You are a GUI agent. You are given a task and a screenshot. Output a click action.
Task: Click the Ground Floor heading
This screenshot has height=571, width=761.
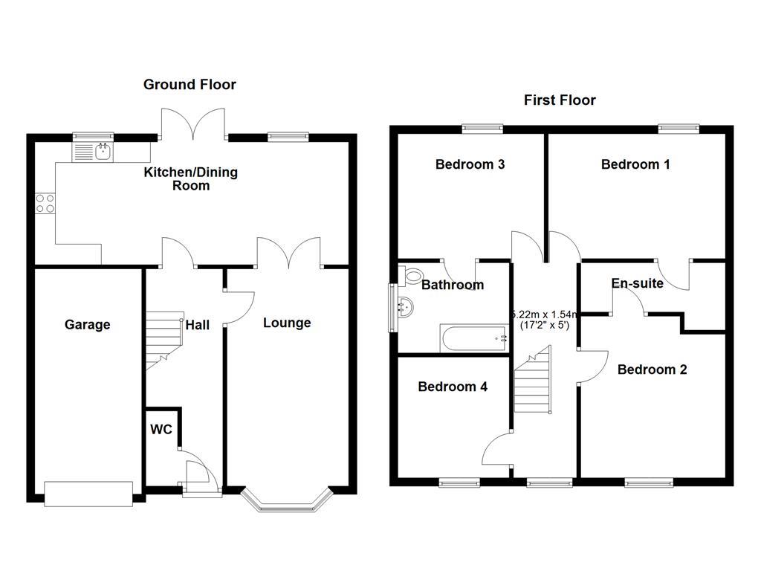[190, 85]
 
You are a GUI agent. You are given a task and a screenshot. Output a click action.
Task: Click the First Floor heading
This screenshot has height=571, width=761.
[560, 100]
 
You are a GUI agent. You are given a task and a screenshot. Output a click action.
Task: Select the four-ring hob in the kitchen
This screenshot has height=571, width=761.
[45, 203]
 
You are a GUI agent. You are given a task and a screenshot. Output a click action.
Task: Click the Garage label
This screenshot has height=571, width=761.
[87, 325]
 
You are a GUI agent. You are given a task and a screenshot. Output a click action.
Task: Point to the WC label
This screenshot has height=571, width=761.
[161, 430]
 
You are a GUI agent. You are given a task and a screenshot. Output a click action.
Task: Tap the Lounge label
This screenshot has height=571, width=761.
[287, 323]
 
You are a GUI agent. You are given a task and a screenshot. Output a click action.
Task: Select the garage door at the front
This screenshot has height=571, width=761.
[88, 494]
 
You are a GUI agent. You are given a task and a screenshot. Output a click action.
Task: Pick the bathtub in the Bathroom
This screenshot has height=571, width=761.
[474, 339]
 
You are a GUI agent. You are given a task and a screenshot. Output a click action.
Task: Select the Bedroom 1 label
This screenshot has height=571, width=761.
[635, 164]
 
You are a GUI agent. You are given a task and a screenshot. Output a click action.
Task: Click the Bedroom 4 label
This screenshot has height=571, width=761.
[453, 387]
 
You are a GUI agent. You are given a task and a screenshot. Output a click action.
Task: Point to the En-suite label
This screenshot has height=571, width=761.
[637, 283]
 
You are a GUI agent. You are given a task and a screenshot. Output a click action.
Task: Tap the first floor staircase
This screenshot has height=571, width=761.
[534, 383]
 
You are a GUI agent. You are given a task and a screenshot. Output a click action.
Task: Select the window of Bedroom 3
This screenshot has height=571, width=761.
[482, 129]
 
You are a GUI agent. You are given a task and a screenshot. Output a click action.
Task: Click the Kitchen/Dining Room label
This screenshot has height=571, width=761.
[191, 179]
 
